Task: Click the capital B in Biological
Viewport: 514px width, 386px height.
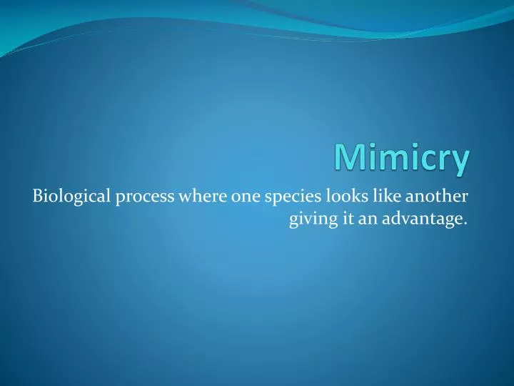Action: pos(38,197)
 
